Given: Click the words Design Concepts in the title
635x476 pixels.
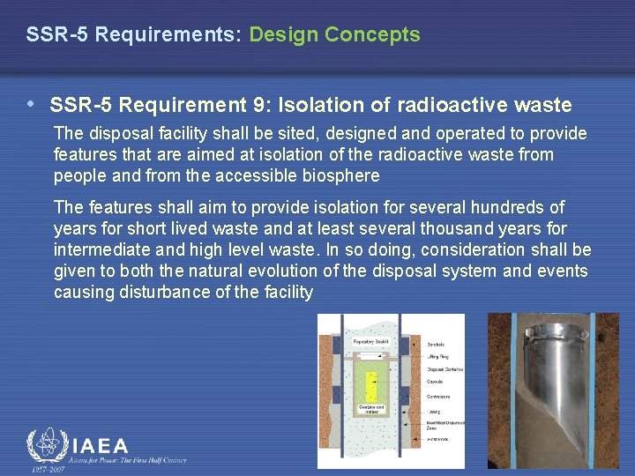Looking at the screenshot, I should click(x=334, y=35).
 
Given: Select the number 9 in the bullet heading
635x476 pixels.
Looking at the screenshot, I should click(x=261, y=106).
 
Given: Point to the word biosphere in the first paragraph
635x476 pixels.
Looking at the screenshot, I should click(x=341, y=175).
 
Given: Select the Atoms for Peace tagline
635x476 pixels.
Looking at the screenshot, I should click(x=127, y=460).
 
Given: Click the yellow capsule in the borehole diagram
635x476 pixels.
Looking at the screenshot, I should click(x=371, y=386).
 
